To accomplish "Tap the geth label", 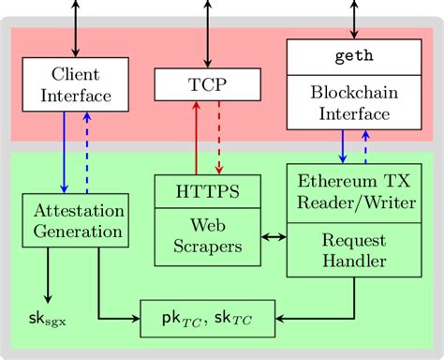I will [x=353, y=55].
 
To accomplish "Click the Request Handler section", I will [x=353, y=250].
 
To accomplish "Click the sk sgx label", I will [x=49, y=321].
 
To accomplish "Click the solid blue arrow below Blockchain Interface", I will [x=342, y=145].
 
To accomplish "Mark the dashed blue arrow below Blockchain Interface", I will [x=366, y=145].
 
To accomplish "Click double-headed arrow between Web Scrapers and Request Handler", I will [x=273, y=238].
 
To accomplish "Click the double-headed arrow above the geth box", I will [x=353, y=19].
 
